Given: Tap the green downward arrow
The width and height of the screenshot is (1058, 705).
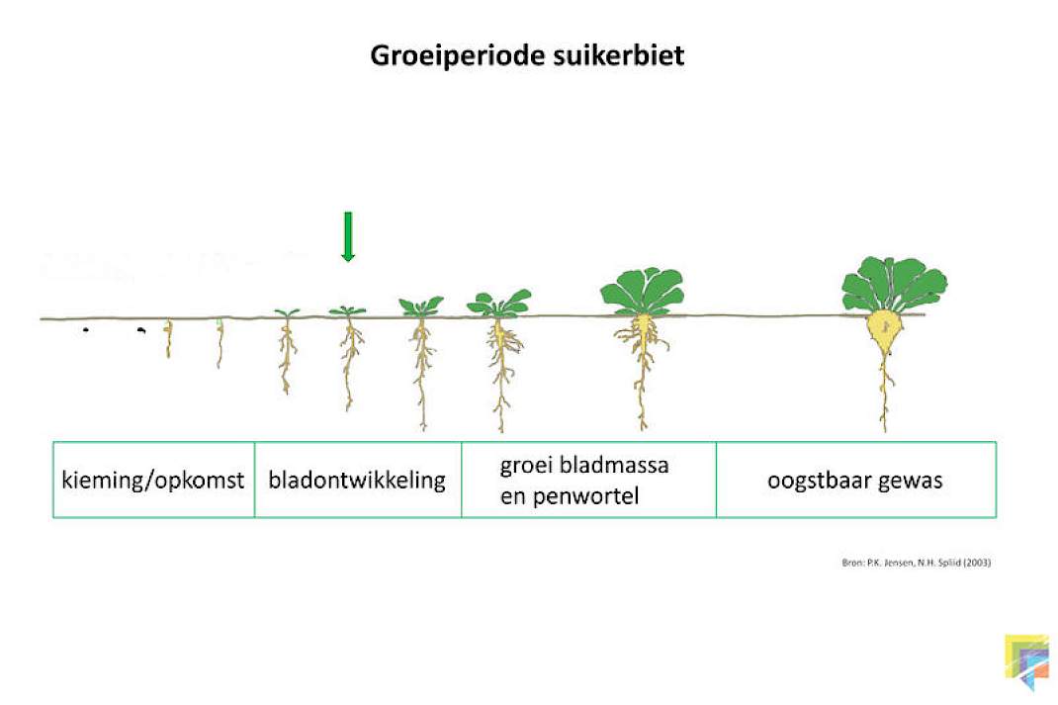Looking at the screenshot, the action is click(x=348, y=236).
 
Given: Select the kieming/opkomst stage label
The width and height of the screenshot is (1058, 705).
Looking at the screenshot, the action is click(x=152, y=481).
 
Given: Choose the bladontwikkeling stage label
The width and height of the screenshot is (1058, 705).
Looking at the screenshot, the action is click(x=357, y=480).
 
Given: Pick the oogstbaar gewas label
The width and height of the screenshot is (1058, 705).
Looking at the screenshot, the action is click(x=855, y=481).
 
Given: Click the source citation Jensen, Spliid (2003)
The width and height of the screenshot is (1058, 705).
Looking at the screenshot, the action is click(x=916, y=563).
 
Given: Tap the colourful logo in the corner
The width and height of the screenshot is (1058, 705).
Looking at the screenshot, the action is click(x=1027, y=661).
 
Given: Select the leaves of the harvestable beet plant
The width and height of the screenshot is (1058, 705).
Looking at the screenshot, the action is click(x=894, y=284).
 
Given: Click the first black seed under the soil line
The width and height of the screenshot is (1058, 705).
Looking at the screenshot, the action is click(x=86, y=330).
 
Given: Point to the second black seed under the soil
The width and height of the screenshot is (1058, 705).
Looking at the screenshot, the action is click(x=141, y=330).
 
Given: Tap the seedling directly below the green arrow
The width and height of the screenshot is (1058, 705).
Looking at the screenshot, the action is click(x=348, y=354).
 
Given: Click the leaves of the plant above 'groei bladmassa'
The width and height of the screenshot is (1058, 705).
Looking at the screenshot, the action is click(x=643, y=291).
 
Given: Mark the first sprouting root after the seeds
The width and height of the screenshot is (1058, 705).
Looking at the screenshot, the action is click(x=169, y=339).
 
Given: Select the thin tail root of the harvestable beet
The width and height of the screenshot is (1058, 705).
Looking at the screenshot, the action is click(x=885, y=393).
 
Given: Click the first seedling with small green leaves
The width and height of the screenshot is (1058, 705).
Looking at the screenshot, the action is click(x=287, y=351).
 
